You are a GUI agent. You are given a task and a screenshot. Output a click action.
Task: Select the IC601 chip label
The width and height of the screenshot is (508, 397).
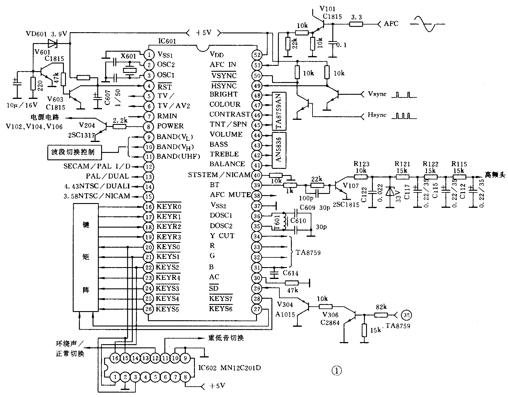coord(167,41)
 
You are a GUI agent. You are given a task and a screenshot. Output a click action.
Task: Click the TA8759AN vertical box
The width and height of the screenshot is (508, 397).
coord(279,111)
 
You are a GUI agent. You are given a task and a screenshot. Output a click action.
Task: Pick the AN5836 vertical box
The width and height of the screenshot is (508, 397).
coord(279,150)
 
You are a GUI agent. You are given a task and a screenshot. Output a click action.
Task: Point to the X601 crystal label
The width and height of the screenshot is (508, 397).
coord(128,56)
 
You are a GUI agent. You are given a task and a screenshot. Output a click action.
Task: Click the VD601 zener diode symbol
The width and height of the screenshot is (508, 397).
coord(53,44)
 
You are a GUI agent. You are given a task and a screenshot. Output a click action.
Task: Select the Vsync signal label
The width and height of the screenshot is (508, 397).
coord(377,94)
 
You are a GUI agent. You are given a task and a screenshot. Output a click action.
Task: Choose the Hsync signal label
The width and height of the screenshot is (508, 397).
coord(377,115)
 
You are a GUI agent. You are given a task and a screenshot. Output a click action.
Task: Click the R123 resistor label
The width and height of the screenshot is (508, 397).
coord(361,164)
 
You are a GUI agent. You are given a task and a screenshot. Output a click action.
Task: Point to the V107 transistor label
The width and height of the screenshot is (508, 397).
coord(351,186)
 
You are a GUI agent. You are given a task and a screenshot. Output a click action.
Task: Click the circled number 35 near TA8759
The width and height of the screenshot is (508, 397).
coord(407,315)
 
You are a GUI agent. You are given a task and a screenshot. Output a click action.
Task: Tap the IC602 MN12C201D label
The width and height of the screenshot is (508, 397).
coord(229,368)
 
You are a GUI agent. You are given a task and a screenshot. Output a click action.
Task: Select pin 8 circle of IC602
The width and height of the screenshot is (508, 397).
coord(185,377)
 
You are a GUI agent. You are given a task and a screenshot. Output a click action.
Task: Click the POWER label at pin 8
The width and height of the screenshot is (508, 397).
coord(170,126)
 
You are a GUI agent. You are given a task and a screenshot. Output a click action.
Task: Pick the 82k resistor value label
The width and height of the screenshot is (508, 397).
coord(381,307)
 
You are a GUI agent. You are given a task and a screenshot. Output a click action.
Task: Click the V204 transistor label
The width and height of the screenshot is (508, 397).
coord(87,125)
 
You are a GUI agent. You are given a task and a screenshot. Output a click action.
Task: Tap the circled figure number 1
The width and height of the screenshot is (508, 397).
coord(336,371)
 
